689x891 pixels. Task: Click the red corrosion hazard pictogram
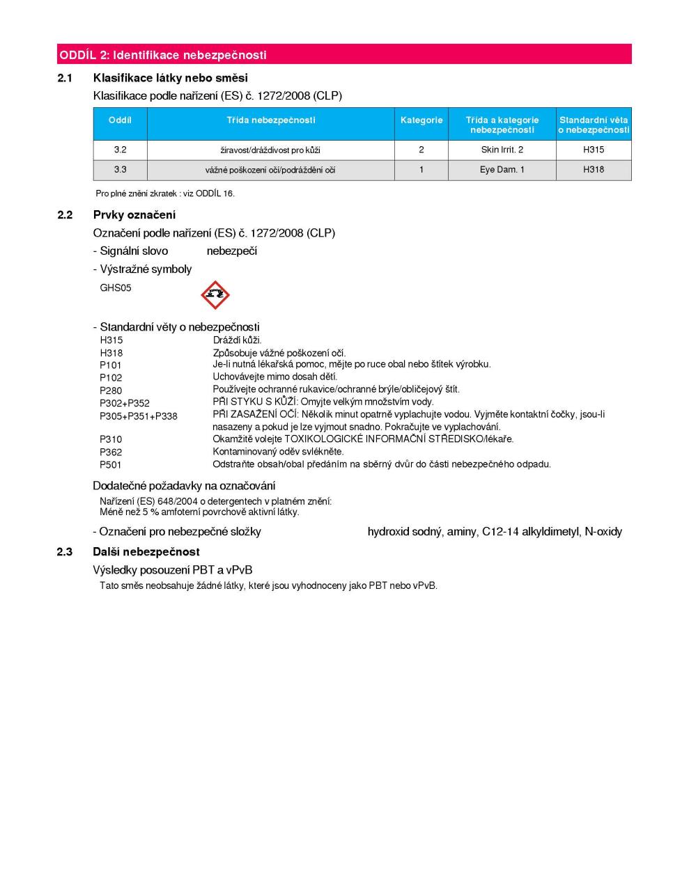click(215, 295)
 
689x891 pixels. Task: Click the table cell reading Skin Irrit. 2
click(502, 150)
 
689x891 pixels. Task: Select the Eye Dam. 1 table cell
click(502, 170)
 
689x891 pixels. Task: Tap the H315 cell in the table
click(594, 150)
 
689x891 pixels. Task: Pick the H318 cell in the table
click(594, 170)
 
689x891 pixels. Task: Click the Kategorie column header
click(421, 120)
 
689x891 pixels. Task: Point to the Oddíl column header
click(120, 120)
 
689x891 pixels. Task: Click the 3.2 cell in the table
click(120, 150)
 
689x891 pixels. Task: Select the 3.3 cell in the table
click(120, 170)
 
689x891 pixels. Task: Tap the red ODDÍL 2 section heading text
click(162, 55)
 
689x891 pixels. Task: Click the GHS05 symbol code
click(116, 287)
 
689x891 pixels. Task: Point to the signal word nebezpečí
click(231, 251)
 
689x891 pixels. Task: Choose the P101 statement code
click(111, 365)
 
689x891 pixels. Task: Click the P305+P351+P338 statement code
click(139, 416)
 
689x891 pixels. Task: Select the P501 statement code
click(111, 465)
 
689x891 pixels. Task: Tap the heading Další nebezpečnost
click(146, 552)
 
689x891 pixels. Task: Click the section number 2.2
click(65, 215)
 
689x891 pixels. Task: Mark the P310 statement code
click(111, 439)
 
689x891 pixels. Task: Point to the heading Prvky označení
click(134, 215)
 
